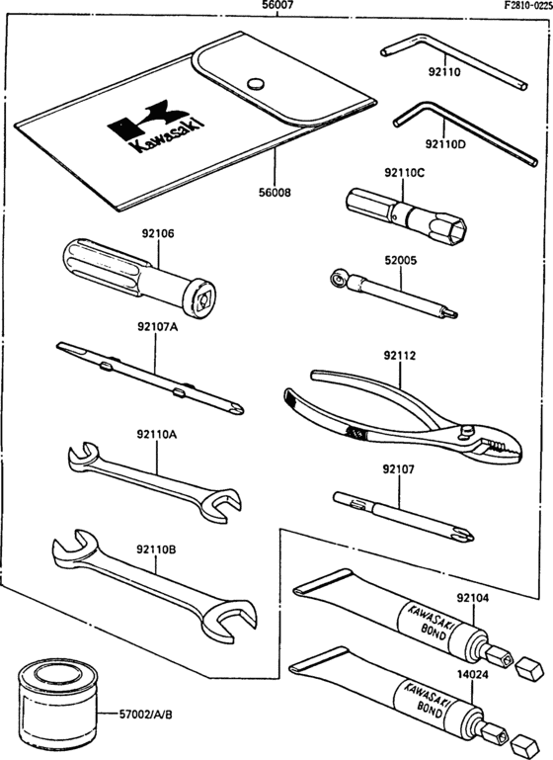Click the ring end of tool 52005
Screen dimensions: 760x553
click(341, 281)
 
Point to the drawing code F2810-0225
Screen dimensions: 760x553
click(518, 6)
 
